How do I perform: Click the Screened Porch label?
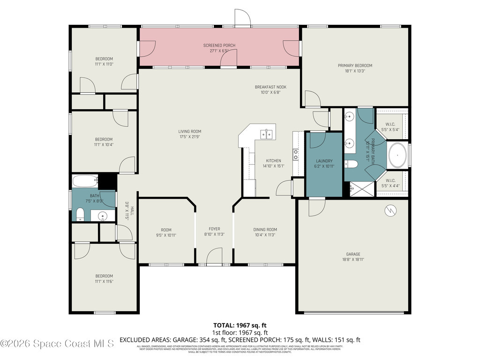pos(219,45)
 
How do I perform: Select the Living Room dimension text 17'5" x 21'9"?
pos(189,137)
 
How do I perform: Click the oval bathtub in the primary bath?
pos(398,153)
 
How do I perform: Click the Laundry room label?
pos(323,161)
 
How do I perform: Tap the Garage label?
pos(353,254)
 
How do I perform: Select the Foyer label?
pos(214,230)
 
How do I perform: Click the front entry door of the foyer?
pos(214,257)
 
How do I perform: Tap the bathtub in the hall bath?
pos(85,180)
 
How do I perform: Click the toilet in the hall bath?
pos(80,215)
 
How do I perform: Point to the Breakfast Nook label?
pos(270,87)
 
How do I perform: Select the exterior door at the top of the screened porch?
pos(243,18)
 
